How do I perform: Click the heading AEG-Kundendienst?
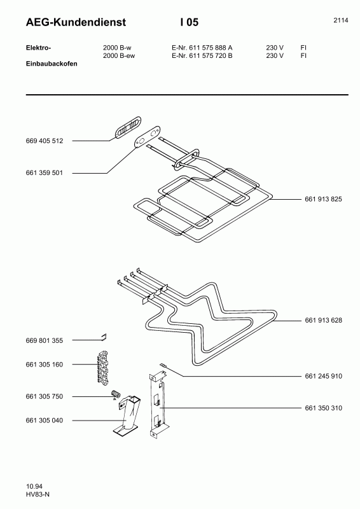click(x=76, y=22)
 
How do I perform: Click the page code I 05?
click(x=190, y=22)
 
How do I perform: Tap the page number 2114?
click(x=341, y=20)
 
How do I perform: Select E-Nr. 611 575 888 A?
click(x=202, y=48)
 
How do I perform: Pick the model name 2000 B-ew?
click(x=119, y=55)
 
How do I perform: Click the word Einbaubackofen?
click(x=52, y=64)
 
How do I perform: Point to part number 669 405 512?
click(x=45, y=141)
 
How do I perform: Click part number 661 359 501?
click(x=44, y=172)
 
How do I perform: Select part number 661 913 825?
click(x=323, y=199)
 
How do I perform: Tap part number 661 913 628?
click(x=323, y=320)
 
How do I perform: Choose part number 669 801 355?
click(x=45, y=340)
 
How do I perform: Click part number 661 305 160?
click(x=45, y=365)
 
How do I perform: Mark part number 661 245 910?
click(x=323, y=376)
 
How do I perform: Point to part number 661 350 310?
click(x=323, y=408)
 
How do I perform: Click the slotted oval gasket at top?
click(x=128, y=128)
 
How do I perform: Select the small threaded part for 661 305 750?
click(x=116, y=394)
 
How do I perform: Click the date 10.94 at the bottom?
click(x=34, y=486)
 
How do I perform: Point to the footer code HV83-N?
click(x=38, y=494)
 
